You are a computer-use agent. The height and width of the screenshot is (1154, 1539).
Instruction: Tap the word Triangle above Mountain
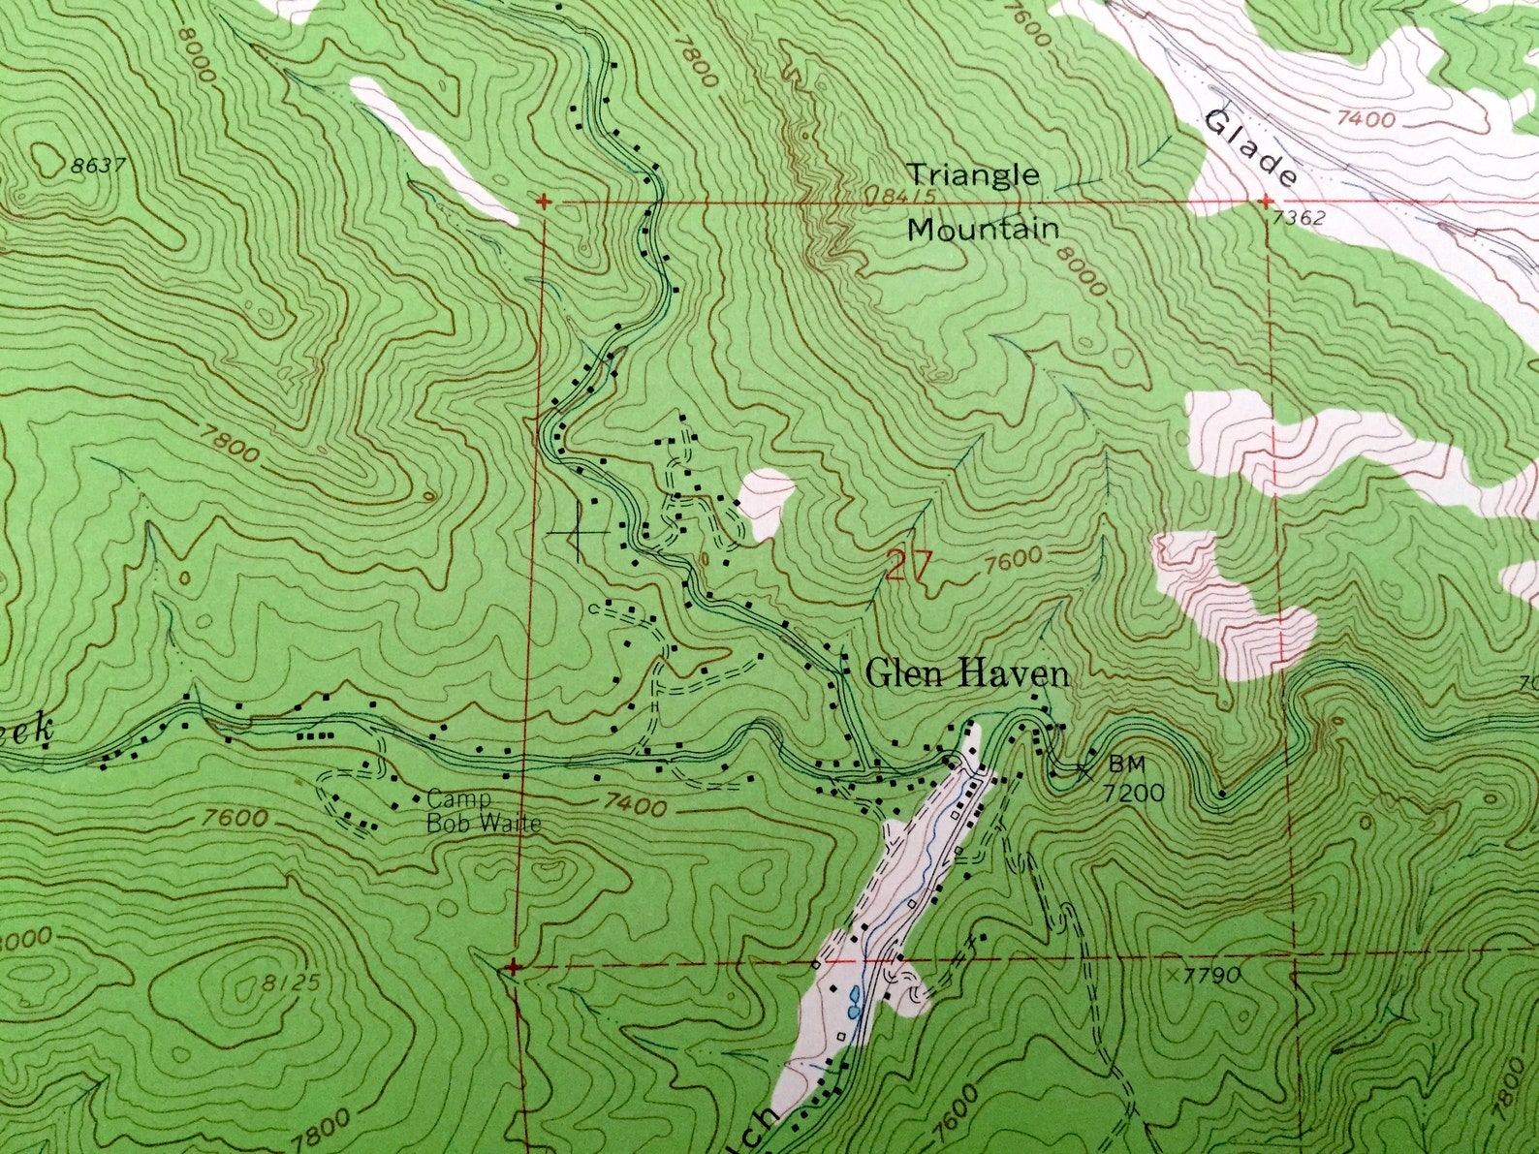coord(972,175)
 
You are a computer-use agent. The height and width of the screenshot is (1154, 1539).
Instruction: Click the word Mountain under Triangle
coord(983,231)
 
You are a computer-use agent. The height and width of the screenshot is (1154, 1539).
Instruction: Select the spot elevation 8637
coord(98,166)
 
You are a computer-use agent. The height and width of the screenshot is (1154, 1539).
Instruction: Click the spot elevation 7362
coord(1299,219)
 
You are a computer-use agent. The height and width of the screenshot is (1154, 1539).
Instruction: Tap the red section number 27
coord(909,566)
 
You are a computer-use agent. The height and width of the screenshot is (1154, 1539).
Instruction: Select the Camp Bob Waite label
coord(481,812)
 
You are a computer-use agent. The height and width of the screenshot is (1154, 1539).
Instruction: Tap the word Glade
coord(1250,149)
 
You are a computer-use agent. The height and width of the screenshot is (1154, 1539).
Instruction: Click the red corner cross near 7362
coord(1266,202)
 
